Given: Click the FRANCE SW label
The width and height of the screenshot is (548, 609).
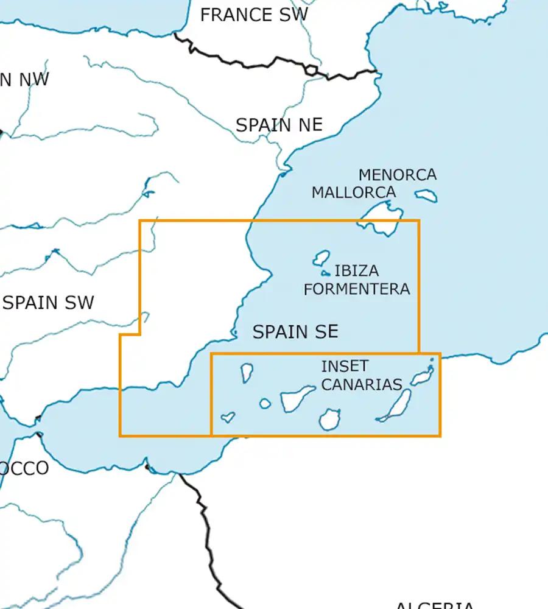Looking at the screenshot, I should point(254,15).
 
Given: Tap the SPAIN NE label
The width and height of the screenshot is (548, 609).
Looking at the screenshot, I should point(279,125).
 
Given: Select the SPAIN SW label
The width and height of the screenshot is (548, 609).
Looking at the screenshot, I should point(49,303).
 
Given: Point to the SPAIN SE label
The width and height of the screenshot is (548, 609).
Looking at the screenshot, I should point(295,332).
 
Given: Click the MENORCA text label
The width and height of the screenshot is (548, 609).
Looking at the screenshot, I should point(397,175).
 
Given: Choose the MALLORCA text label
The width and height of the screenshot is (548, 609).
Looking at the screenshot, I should point(354,192).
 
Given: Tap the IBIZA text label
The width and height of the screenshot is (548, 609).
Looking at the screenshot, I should point(356,270).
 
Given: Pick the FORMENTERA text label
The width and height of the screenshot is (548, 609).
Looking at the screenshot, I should point(357,289).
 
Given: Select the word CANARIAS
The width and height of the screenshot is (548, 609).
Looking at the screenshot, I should point(362,384).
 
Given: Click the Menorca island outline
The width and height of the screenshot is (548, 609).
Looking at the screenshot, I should point(426,195).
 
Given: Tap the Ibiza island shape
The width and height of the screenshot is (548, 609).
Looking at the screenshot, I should point(321,258).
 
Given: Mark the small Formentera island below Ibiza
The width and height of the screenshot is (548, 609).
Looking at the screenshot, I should point(326,273).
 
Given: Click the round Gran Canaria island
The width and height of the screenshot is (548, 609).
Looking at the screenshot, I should point(329,420).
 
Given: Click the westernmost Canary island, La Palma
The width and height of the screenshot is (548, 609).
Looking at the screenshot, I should point(247,372).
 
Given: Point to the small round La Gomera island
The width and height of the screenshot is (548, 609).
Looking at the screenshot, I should point(265,403).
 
